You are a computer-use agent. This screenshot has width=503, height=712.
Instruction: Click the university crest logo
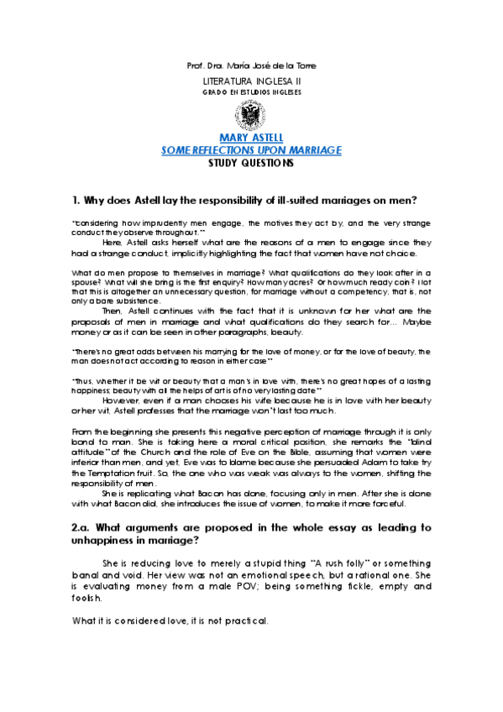pyautogui.click(x=252, y=113)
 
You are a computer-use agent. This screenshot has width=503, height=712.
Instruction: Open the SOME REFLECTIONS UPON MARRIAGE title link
pyautogui.click(x=251, y=150)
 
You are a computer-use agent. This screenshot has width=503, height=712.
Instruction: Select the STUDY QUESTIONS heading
pyautogui.click(x=251, y=163)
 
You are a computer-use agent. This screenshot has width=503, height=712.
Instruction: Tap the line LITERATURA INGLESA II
pyautogui.click(x=251, y=80)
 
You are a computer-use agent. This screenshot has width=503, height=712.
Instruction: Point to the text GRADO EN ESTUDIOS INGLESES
pyautogui.click(x=251, y=91)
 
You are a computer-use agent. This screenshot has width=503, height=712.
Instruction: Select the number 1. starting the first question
pyautogui.click(x=77, y=201)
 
